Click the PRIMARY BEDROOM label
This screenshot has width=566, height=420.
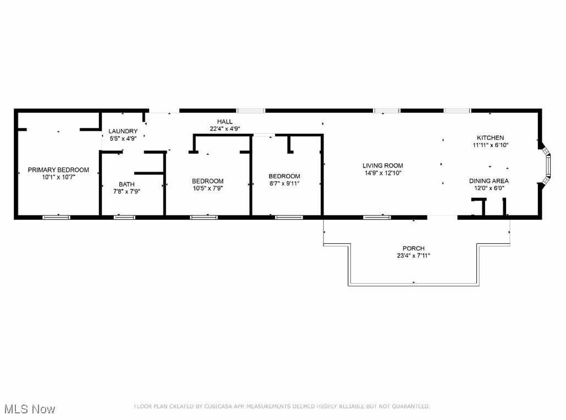(58, 170)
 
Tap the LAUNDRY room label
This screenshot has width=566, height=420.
(123, 131)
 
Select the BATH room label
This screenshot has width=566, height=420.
(127, 184)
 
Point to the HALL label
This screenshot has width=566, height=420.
(224, 122)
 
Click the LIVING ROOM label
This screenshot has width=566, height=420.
(382, 166)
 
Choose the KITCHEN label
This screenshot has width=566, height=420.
(490, 138)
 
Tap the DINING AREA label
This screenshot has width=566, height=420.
(488, 181)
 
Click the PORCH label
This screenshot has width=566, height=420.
(413, 248)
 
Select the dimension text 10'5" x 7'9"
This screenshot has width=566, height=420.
(207, 188)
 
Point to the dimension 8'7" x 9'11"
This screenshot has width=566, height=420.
(284, 183)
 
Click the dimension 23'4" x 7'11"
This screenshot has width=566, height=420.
(413, 255)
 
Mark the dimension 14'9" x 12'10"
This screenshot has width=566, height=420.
(382, 173)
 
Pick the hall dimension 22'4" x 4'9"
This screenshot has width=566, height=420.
(224, 129)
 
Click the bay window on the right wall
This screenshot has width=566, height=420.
(546, 165)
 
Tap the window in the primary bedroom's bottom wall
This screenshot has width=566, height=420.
(57, 217)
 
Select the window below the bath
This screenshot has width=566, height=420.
(124, 217)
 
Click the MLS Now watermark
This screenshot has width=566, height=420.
(29, 409)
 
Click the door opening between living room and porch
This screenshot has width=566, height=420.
(442, 217)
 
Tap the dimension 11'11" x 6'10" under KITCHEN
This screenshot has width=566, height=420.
(490, 145)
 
